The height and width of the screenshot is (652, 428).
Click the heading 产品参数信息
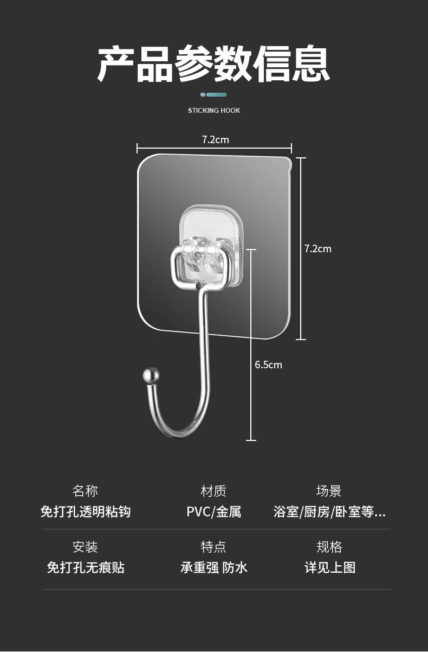click(x=214, y=64)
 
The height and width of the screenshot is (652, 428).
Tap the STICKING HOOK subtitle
click(x=214, y=111)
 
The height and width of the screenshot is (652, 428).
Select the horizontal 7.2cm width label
click(x=216, y=140)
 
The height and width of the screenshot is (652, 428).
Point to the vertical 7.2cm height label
click(x=317, y=249)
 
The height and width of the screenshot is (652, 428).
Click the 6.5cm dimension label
click(x=268, y=365)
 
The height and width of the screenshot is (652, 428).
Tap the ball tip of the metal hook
click(x=151, y=375)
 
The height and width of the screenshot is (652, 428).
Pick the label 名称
click(x=85, y=491)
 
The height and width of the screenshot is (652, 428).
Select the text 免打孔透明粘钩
click(x=85, y=512)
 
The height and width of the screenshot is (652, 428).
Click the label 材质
click(x=213, y=491)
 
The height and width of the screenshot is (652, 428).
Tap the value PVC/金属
click(x=213, y=512)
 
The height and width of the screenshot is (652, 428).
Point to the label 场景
click(x=329, y=491)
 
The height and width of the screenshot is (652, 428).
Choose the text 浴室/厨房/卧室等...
click(x=329, y=512)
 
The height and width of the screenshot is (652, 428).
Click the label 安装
click(x=85, y=547)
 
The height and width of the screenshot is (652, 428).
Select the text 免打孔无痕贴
click(x=85, y=568)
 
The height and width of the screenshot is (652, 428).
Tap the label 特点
click(x=213, y=547)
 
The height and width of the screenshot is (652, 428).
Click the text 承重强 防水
click(x=213, y=568)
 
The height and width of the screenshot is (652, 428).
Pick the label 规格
click(x=329, y=547)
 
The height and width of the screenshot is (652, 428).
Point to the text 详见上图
click(x=329, y=568)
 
